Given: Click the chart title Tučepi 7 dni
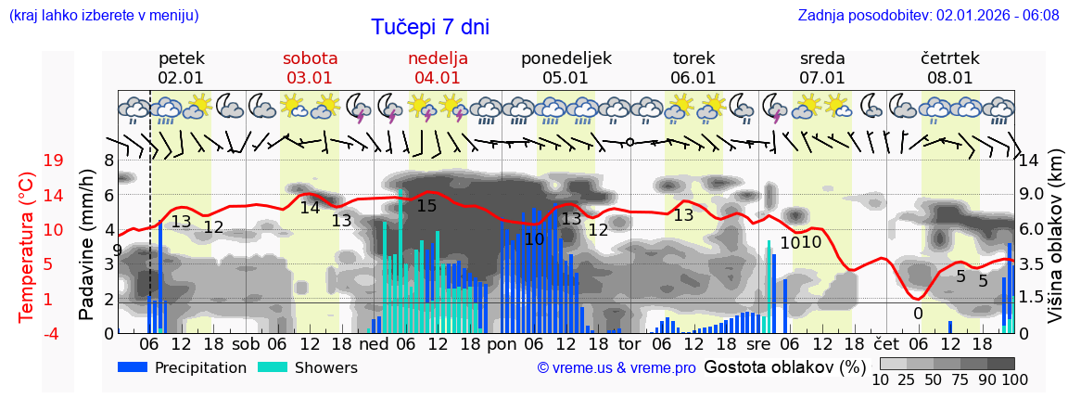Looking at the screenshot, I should (x=430, y=28).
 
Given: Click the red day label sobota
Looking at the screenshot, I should (x=310, y=58).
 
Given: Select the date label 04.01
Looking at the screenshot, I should (x=438, y=78).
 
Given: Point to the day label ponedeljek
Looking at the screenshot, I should (x=566, y=58).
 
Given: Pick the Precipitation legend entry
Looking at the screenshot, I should (x=183, y=367).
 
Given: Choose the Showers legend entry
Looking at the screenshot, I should (x=307, y=367).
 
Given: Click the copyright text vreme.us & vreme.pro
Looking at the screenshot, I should (x=617, y=368).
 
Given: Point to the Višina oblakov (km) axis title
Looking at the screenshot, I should (x=1056, y=247).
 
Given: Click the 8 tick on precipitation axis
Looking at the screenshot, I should (x=108, y=161).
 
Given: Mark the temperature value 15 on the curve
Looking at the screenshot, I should (x=426, y=206).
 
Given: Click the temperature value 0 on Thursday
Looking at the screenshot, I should (x=918, y=314).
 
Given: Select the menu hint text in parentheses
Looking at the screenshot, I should (x=103, y=16).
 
